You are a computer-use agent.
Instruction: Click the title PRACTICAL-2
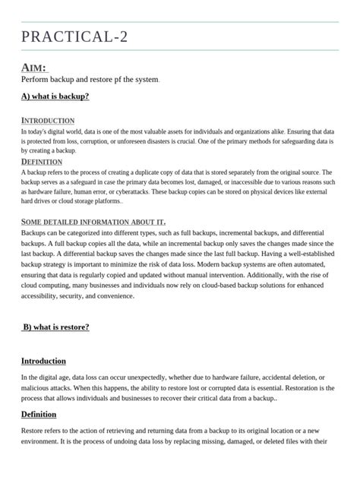(74, 36)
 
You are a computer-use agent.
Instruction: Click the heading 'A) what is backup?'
(55, 96)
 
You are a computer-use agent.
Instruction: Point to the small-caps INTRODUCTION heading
(47, 121)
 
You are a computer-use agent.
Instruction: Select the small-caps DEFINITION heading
(42, 162)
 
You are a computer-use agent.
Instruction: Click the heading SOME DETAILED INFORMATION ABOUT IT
(93, 222)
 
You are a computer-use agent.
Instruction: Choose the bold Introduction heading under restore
(43, 361)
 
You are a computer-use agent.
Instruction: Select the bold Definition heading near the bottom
(39, 414)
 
